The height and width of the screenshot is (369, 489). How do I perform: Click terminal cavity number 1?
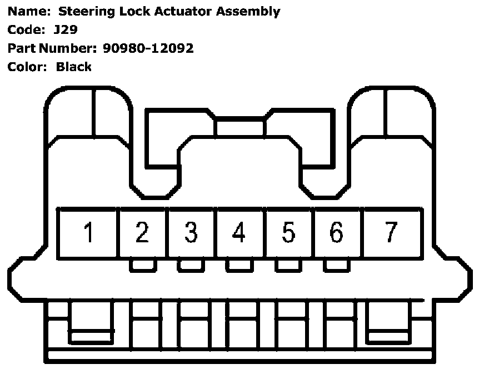pyautogui.click(x=88, y=232)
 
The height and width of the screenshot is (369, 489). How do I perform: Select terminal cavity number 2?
pyautogui.click(x=142, y=232)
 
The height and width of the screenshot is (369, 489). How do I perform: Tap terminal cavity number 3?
pyautogui.click(x=191, y=232)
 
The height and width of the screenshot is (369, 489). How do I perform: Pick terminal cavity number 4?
pyautogui.click(x=239, y=232)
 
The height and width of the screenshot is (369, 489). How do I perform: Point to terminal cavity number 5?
pyautogui.click(x=288, y=232)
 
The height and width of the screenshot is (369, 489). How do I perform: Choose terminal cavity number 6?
pyautogui.click(x=336, y=232)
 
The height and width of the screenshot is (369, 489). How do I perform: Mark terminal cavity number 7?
pyautogui.click(x=391, y=232)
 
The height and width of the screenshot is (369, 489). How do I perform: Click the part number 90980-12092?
pyautogui.click(x=148, y=48)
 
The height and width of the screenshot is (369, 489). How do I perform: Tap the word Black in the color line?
pyautogui.click(x=74, y=67)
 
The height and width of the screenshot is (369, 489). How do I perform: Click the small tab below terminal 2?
pyautogui.click(x=142, y=266)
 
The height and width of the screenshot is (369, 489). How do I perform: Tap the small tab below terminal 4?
pyautogui.click(x=239, y=266)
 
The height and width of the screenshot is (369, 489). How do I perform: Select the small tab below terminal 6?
pyautogui.click(x=336, y=266)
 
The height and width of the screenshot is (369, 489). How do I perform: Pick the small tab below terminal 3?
pyautogui.click(x=191, y=266)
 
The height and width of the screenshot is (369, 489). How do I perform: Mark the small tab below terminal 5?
pyautogui.click(x=288, y=266)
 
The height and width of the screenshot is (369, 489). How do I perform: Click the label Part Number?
pyautogui.click(x=53, y=48)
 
